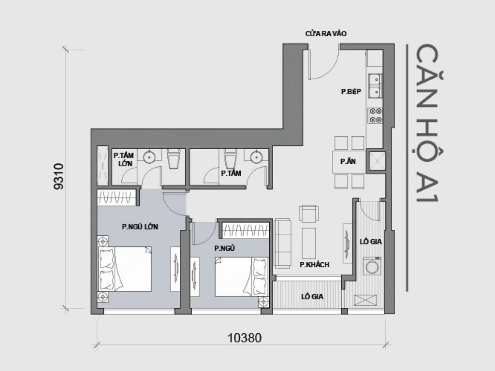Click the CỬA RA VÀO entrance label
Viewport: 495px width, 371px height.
click(x=326, y=34)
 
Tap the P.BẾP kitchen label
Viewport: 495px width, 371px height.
click(x=351, y=92)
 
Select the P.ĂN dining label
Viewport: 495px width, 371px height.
click(x=348, y=162)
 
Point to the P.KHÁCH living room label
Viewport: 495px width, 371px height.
click(x=314, y=264)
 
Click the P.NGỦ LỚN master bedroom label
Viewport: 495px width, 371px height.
click(x=140, y=226)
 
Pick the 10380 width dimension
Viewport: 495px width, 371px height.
click(x=244, y=338)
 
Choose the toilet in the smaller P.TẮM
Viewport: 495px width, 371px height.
click(x=230, y=158)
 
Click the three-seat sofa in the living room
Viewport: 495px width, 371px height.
click(x=283, y=243)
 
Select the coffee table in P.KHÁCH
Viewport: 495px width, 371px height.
click(x=309, y=243)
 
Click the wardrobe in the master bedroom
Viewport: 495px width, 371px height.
click(x=118, y=197)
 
